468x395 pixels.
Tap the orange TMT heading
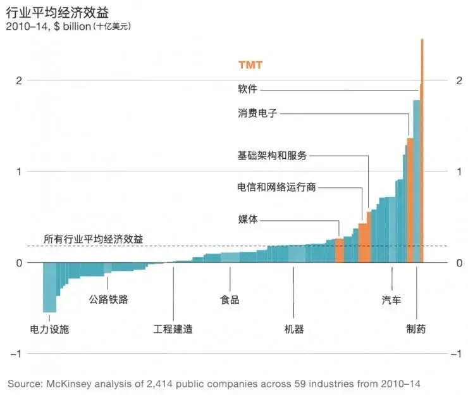click(x=250, y=65)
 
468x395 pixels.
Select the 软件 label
click(x=247, y=89)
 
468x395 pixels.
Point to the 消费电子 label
click(x=257, y=114)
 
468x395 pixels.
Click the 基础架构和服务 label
click(x=271, y=156)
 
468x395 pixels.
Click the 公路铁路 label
click(x=109, y=299)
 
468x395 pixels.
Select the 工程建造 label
click(x=173, y=330)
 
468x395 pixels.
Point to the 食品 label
click(x=230, y=300)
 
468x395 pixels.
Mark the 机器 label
click(x=294, y=330)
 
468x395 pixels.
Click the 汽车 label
click(x=391, y=300)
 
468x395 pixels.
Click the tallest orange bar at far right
click(x=422, y=152)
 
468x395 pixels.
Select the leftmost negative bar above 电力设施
click(x=49, y=288)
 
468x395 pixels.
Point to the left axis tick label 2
click(x=19, y=80)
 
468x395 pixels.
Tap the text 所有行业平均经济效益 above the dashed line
click(x=93, y=239)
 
